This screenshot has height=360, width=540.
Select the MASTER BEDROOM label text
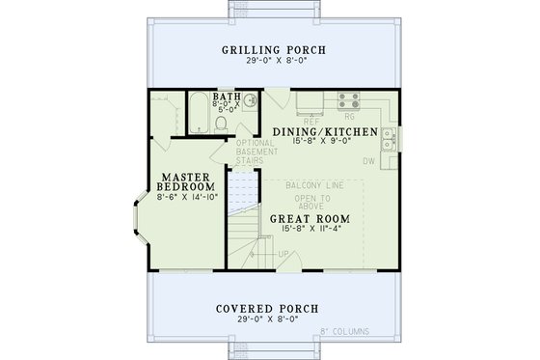[x=188, y=182]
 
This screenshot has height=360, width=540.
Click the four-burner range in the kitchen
[x=348, y=98]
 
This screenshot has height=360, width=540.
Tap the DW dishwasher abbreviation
[x=368, y=161]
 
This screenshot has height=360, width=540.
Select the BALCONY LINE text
[x=311, y=181]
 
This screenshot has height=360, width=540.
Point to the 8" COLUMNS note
[x=344, y=332]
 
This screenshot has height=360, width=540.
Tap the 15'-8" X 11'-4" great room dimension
[x=309, y=229]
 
